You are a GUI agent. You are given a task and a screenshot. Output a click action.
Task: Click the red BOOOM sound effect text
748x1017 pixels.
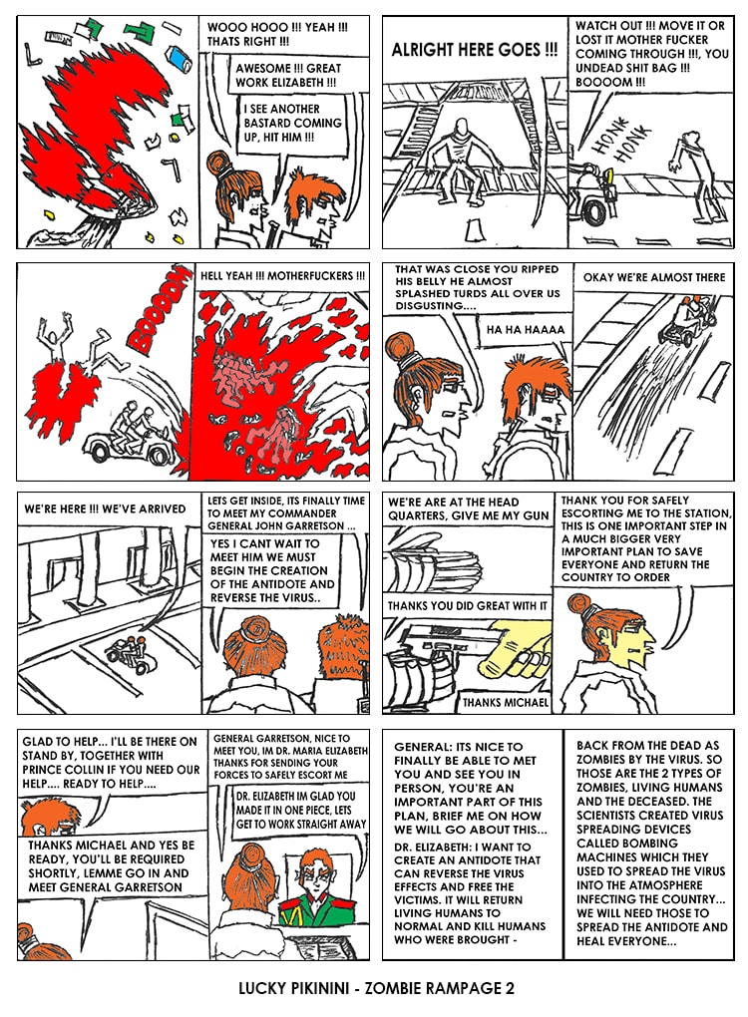pyautogui.click(x=157, y=311)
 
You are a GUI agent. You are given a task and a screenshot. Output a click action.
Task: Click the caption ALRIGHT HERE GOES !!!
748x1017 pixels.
pyautogui.click(x=474, y=50)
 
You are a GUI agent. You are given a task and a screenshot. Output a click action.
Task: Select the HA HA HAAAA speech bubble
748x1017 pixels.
pyautogui.click(x=527, y=329)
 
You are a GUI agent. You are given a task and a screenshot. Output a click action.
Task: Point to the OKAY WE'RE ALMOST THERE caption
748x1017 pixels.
pyautogui.click(x=654, y=277)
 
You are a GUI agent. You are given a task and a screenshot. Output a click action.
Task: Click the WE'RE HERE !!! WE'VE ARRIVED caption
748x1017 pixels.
pyautogui.click(x=105, y=509)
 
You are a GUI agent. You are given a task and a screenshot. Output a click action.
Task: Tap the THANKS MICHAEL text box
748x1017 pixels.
pyautogui.click(x=505, y=702)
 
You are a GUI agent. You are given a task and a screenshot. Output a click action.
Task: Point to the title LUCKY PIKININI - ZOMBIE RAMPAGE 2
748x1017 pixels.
pyautogui.click(x=376, y=988)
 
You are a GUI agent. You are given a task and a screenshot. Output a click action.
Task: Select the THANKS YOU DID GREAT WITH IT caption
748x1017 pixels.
pyautogui.click(x=467, y=606)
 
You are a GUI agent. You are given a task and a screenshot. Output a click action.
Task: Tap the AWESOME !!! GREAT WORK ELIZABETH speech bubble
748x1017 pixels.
pyautogui.click(x=287, y=75)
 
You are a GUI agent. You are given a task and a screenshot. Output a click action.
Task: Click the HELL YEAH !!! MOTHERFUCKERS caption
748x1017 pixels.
pyautogui.click(x=283, y=275)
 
